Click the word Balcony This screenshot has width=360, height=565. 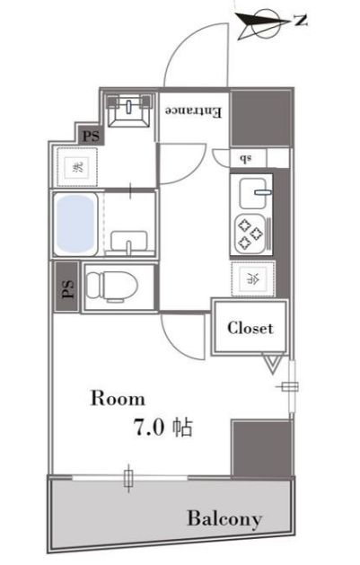224,519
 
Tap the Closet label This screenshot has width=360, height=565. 250,328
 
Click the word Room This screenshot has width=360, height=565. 118,399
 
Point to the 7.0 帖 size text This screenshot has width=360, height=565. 163,427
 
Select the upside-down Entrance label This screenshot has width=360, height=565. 193,111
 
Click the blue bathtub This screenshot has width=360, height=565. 75,224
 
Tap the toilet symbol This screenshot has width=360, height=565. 112,287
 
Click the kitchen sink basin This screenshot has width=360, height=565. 252,193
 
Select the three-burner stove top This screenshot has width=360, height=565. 250,234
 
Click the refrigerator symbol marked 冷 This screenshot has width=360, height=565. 253,278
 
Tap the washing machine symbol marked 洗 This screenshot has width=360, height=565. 77,167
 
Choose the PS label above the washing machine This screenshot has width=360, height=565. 91,137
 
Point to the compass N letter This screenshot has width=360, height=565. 301,21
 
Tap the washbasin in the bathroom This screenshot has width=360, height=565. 128,241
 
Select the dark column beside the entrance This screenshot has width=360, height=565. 260,118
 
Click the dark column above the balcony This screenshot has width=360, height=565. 261,448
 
